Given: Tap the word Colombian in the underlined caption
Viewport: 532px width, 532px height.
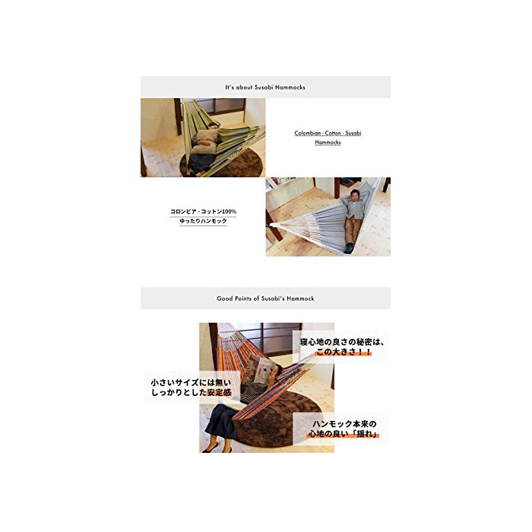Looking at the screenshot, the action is pyautogui.click(x=307, y=133).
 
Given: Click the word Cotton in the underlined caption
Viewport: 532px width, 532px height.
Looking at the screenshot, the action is pyautogui.click(x=333, y=133).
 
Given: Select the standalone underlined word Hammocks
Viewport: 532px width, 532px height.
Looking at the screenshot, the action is pyautogui.click(x=328, y=142).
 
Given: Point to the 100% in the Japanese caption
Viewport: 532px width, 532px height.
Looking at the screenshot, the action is pyautogui.click(x=229, y=211).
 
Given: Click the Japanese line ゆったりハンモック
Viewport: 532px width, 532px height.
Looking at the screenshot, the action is pyautogui.click(x=203, y=221).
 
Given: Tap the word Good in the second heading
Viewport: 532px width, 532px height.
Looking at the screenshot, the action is pyautogui.click(x=224, y=299).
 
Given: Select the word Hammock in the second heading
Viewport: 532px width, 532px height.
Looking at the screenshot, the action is pyautogui.click(x=300, y=299).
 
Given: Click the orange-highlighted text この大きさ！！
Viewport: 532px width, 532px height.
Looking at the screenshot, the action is pyautogui.click(x=344, y=351).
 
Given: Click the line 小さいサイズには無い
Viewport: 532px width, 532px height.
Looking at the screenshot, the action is pyautogui.click(x=191, y=383).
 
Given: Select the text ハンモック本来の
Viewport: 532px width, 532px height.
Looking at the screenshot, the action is pyautogui.click(x=344, y=424).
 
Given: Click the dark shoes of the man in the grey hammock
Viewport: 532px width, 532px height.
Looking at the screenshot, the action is pyautogui.click(x=349, y=248).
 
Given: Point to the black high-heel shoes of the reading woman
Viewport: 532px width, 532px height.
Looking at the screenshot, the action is pyautogui.click(x=217, y=448).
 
